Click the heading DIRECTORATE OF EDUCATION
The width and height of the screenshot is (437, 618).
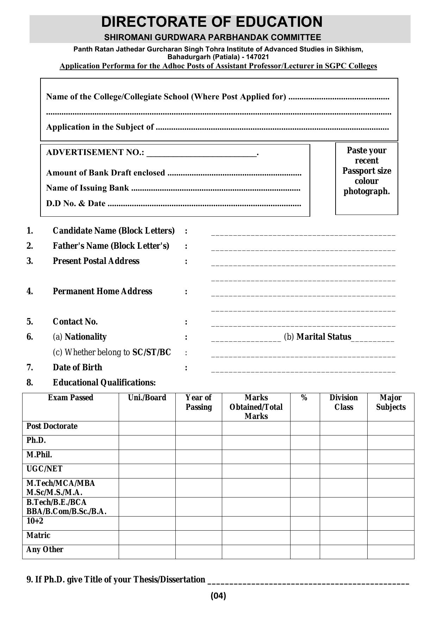212,22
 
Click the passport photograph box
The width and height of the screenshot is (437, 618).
367,178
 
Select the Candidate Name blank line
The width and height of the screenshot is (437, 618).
303,233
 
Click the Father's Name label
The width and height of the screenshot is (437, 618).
111,246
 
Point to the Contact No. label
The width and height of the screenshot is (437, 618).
75,322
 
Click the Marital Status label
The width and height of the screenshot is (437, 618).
324,337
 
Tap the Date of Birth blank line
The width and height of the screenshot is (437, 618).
303,370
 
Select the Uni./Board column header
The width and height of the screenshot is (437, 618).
147,398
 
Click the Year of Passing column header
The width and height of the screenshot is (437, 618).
199,402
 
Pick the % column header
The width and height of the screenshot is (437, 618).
304,398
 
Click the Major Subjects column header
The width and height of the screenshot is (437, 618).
391,402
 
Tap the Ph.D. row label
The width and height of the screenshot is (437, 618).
36,440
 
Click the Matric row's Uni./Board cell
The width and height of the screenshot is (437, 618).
147,537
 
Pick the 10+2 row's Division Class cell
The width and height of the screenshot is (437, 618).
343,523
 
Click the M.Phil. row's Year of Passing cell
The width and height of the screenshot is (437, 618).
199,457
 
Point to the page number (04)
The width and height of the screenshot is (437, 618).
218,596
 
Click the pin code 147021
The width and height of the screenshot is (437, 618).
258,57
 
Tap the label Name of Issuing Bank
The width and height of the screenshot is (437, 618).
88,188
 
